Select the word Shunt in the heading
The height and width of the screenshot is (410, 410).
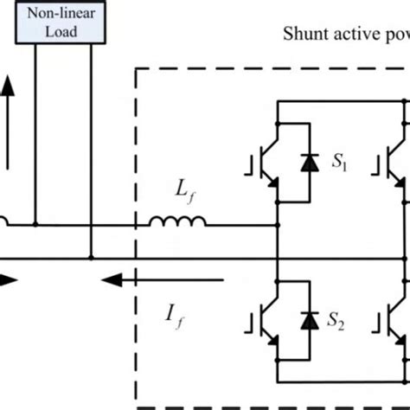tap(303, 35)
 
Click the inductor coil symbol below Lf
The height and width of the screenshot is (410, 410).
tap(177, 223)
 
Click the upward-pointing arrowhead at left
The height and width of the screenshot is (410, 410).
tap(7, 85)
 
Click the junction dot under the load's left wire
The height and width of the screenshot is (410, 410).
tap(35, 226)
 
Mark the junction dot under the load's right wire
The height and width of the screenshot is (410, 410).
tap(90, 258)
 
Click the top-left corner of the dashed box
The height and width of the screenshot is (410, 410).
tap(136, 69)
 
